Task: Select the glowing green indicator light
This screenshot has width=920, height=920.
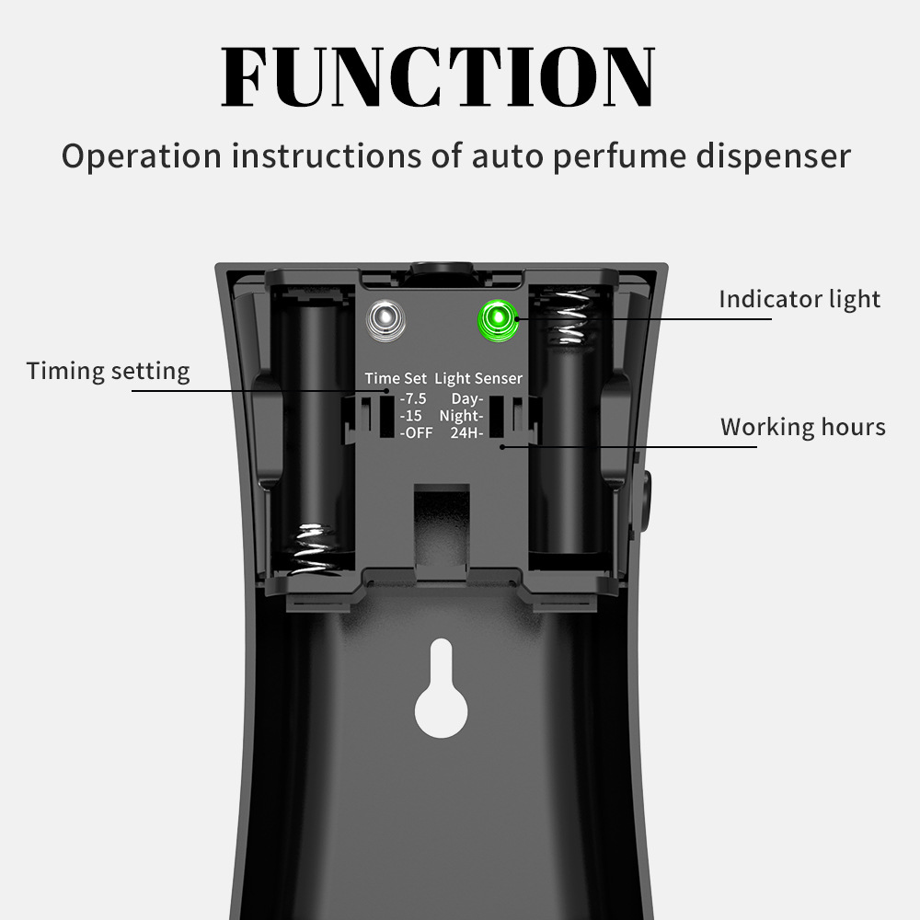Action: pos(497,319)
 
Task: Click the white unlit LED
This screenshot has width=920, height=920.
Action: pos(385,319)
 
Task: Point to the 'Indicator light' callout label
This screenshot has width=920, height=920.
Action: pos(799,299)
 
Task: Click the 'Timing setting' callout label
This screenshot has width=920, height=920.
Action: pos(108,371)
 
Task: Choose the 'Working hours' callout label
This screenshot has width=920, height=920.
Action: pos(802,427)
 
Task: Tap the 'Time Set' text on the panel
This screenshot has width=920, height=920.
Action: pos(396,378)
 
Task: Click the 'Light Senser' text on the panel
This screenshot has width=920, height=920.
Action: pos(478,378)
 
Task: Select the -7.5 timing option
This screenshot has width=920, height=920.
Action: pos(413,399)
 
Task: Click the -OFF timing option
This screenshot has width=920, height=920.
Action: pos(416,432)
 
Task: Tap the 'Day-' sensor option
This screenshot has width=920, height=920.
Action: pos(467,399)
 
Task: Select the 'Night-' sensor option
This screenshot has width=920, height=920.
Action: pos(461,416)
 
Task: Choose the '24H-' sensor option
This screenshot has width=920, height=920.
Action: pos(466,432)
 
